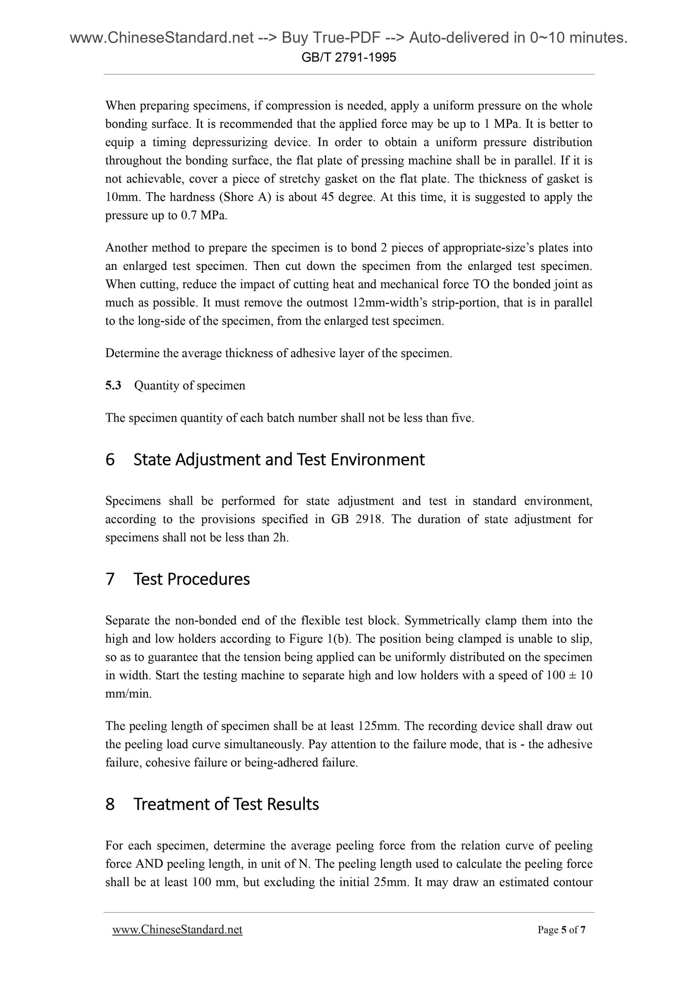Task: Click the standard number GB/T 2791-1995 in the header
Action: click(349, 58)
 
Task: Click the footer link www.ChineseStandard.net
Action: click(177, 930)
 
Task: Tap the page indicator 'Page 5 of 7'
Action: click(561, 930)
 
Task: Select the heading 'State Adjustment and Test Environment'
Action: click(279, 459)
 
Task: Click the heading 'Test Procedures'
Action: click(191, 579)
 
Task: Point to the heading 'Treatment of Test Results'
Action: click(226, 804)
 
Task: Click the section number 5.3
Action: click(113, 386)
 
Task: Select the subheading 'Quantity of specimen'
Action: click(189, 386)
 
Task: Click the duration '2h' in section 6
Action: click(280, 538)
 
